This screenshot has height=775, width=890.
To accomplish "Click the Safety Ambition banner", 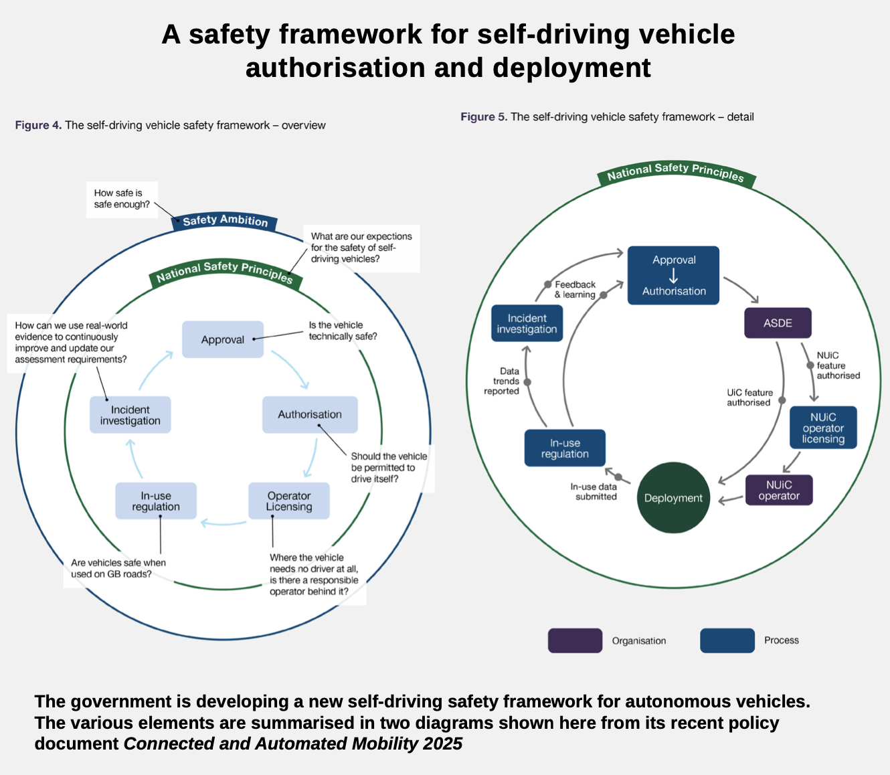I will point(225,220).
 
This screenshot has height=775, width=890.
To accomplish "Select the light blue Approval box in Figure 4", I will point(223,339).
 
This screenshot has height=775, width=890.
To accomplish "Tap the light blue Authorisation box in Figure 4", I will point(310,414).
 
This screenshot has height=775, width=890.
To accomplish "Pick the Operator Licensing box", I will point(289,501).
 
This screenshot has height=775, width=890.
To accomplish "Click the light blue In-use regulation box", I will point(156,501).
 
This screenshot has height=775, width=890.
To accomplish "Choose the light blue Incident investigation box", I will point(130,415).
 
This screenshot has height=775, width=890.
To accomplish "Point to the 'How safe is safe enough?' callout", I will point(122,199).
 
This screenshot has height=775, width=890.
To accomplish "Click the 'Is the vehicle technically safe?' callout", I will point(343,331).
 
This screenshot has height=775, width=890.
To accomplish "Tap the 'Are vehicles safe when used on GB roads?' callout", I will point(118,568).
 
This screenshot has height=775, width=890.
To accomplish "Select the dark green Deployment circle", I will point(673,498).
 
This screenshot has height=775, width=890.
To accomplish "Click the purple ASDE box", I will point(778,323).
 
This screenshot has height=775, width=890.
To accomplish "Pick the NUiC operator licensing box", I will point(823,428).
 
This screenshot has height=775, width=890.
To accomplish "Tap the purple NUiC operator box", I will point(779,490).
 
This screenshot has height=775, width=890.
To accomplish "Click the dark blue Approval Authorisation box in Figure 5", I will point(673,276).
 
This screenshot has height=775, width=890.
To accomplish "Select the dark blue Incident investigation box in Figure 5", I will point(527,323).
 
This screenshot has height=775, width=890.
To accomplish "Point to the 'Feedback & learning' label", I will point(575,289).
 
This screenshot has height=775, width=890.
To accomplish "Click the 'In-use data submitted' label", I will point(594,491).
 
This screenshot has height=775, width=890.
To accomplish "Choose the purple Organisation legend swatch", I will point(575,640).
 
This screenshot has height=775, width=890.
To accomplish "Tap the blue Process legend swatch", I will point(727,640).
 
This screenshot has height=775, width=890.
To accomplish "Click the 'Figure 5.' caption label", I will point(483,117).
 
